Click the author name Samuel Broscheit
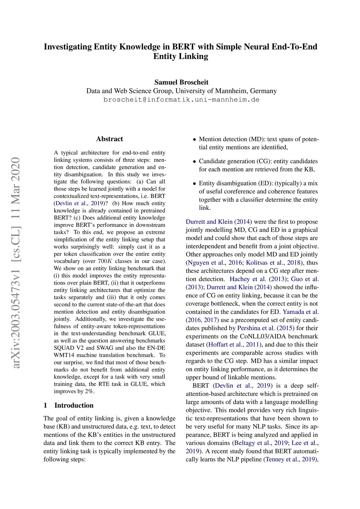(x=181, y=82)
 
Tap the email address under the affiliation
(x=181, y=99)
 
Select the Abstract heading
(x=109, y=139)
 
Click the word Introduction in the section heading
(x=74, y=405)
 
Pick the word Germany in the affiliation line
(x=263, y=91)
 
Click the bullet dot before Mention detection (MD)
(x=194, y=140)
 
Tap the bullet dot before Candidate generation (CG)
(x=194, y=162)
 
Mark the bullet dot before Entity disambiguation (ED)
(x=194, y=183)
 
